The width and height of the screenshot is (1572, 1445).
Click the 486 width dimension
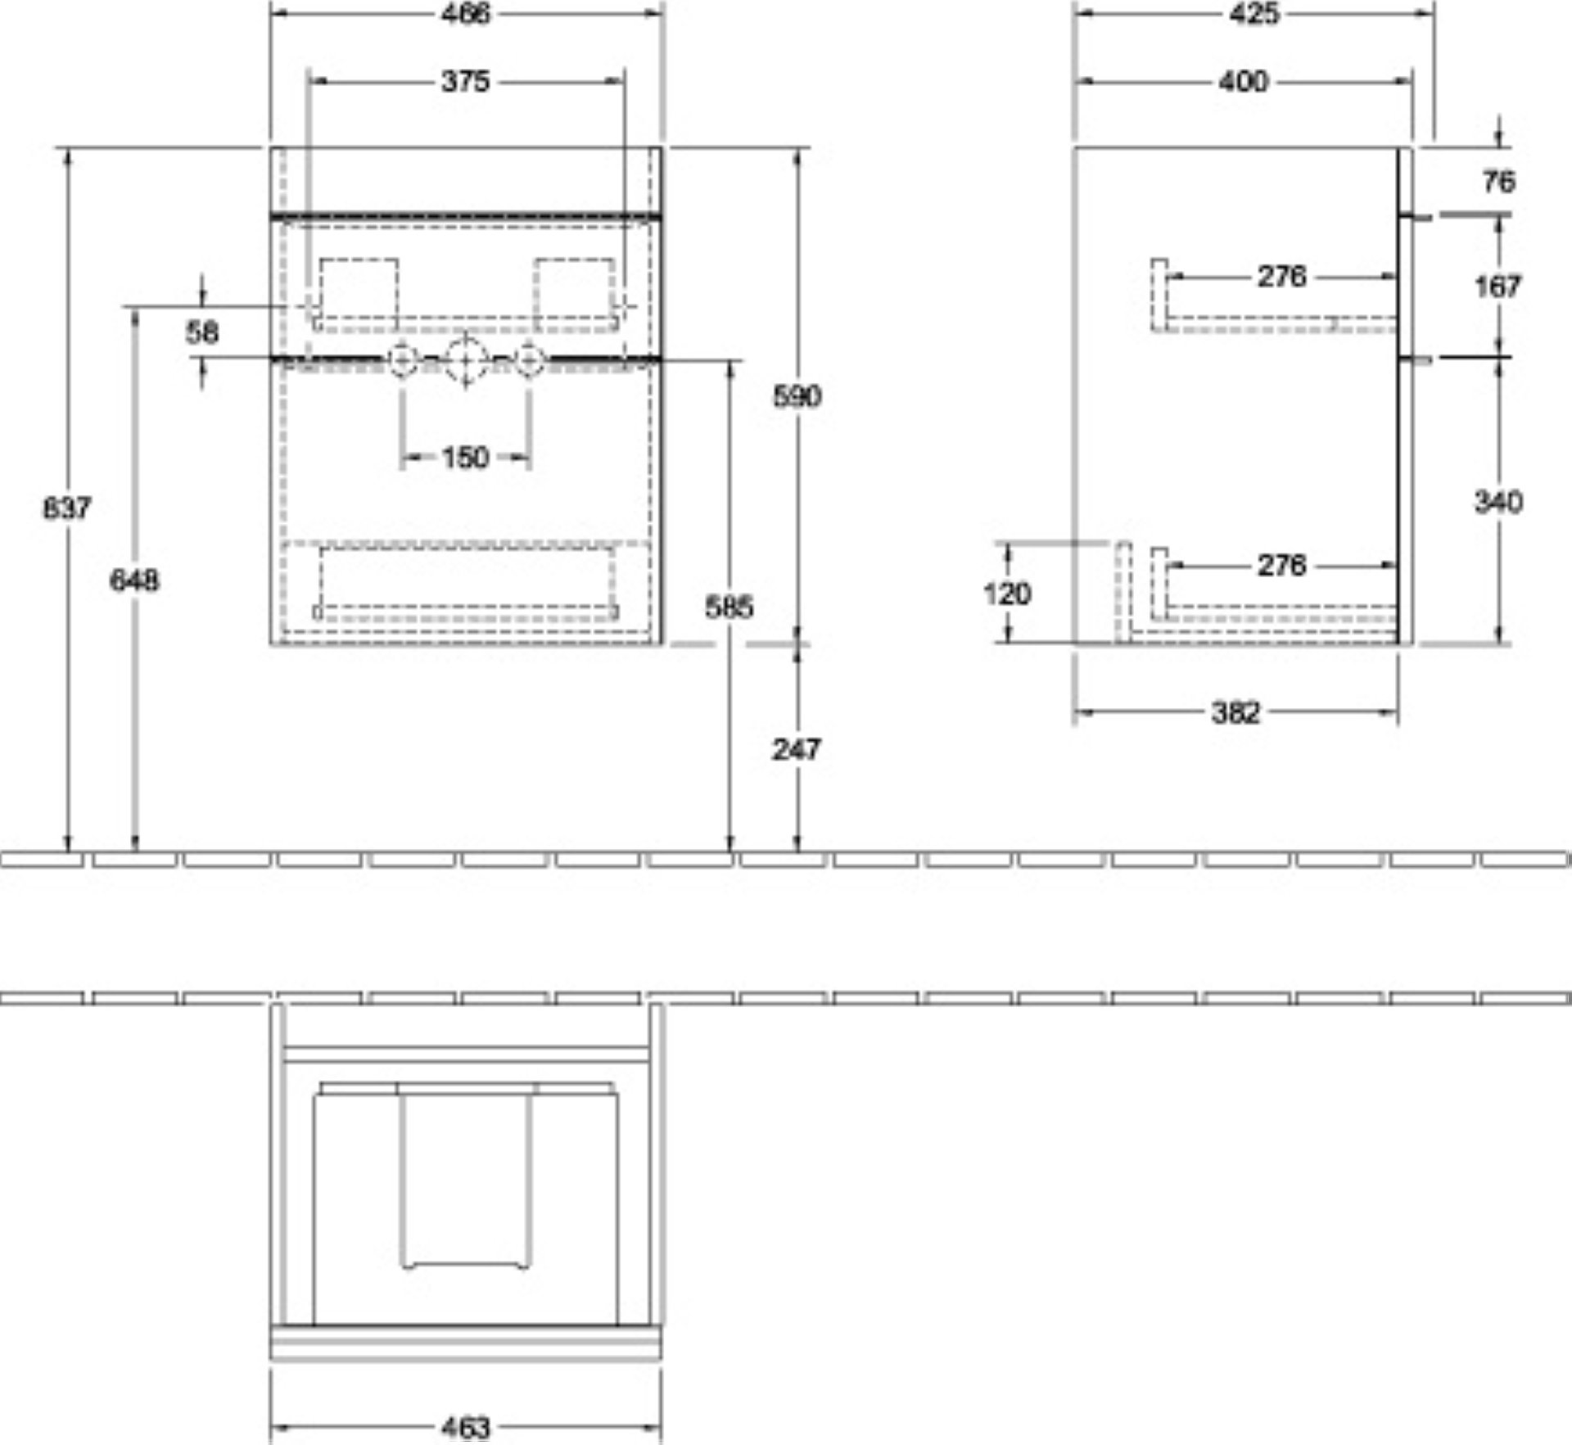pyautogui.click(x=465, y=14)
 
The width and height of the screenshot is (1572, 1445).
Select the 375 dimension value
pyautogui.click(x=465, y=81)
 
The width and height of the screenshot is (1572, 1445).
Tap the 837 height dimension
pyautogui.click(x=67, y=508)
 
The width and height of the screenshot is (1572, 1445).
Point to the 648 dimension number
pyautogui.click(x=135, y=580)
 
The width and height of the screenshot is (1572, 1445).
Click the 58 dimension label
pyautogui.click(x=202, y=332)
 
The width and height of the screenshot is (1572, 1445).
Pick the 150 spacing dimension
pyautogui.click(x=465, y=457)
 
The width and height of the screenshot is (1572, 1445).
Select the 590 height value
pyautogui.click(x=797, y=396)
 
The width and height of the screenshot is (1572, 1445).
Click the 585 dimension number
pyautogui.click(x=729, y=607)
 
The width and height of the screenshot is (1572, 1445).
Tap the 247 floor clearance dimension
pyautogui.click(x=796, y=749)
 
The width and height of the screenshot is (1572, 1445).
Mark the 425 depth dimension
pyautogui.click(x=1254, y=14)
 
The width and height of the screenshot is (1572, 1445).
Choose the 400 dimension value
pyautogui.click(x=1243, y=81)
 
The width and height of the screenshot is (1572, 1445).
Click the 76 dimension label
pyautogui.click(x=1498, y=182)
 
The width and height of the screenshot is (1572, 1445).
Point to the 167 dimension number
pyautogui.click(x=1497, y=287)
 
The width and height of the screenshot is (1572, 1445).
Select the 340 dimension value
pyautogui.click(x=1498, y=501)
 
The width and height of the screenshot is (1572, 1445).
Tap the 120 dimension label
pyautogui.click(x=1007, y=594)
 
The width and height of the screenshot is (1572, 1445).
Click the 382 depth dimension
pyautogui.click(x=1235, y=713)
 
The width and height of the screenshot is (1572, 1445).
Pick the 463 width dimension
pyautogui.click(x=465, y=1428)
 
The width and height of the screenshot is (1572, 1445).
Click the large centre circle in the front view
pyautogui.click(x=466, y=359)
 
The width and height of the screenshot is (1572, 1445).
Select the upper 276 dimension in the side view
pyautogui.click(x=1282, y=277)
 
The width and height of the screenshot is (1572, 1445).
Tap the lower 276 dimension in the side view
pyautogui.click(x=1282, y=565)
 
